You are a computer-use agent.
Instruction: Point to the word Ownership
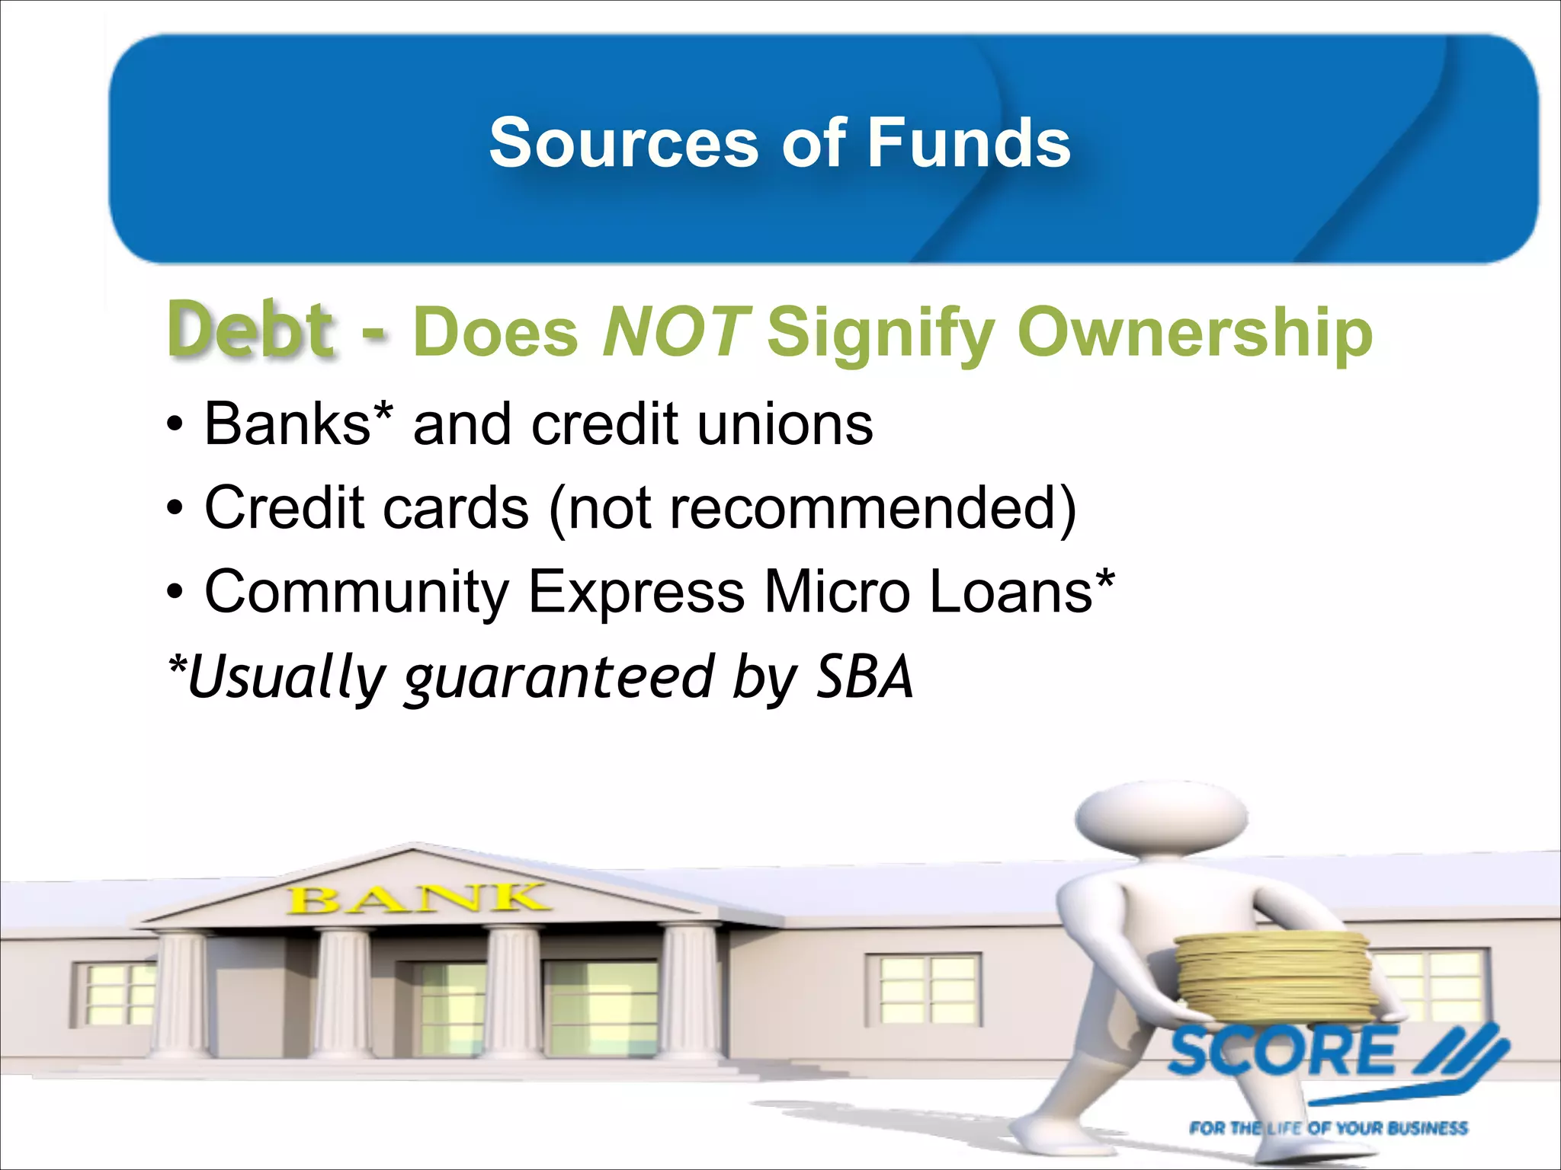tap(1194, 334)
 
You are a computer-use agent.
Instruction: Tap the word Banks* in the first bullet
tap(299, 424)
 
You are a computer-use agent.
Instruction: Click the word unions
tap(785, 424)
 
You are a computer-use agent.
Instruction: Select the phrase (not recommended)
tap(813, 509)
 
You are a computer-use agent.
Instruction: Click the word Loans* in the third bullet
tap(1021, 591)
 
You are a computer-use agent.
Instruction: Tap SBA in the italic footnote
tap(864, 676)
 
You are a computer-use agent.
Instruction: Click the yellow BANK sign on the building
tap(417, 899)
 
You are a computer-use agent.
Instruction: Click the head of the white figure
tap(1162, 819)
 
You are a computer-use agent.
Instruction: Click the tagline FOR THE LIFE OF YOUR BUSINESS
tap(1328, 1128)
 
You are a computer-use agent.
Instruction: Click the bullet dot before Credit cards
tap(175, 509)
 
